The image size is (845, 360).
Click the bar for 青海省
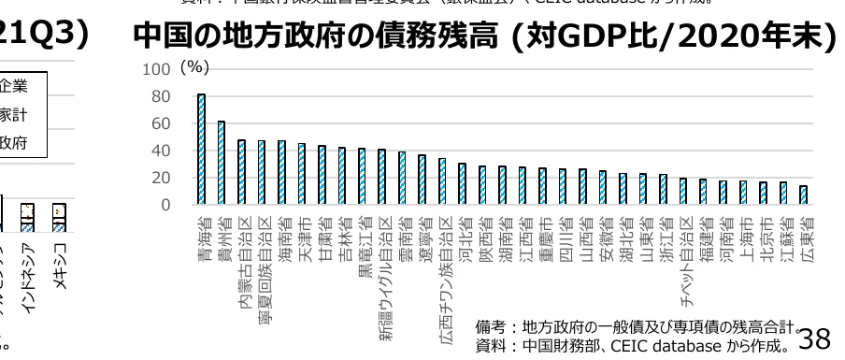point(201,150)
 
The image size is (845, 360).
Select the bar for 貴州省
point(222,163)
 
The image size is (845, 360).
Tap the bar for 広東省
point(803,195)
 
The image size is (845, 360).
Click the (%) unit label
point(193,68)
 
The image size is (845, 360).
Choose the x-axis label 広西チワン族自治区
point(442,272)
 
